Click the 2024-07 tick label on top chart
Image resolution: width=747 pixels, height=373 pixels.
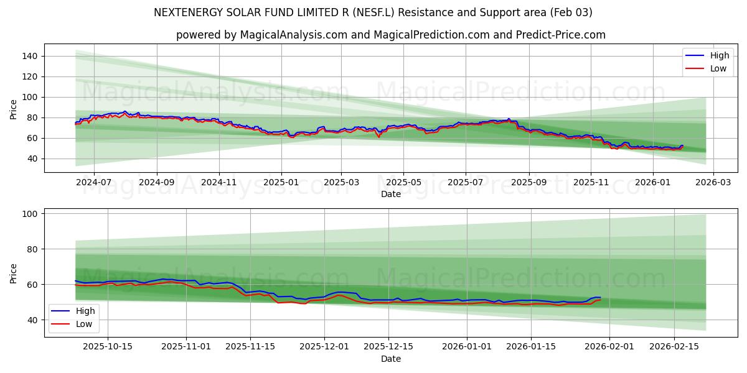(x=93, y=183)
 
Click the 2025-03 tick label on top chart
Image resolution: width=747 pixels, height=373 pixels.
(x=341, y=183)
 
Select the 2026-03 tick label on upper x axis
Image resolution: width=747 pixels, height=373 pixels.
(x=713, y=183)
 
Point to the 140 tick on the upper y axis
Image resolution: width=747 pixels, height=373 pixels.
(x=30, y=56)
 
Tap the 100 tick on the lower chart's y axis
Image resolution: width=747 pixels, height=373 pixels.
(x=30, y=214)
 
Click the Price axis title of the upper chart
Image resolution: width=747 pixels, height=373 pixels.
(x=14, y=109)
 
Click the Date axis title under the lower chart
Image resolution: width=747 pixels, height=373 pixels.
(x=390, y=359)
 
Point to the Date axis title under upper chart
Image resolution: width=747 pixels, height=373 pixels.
(x=390, y=194)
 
